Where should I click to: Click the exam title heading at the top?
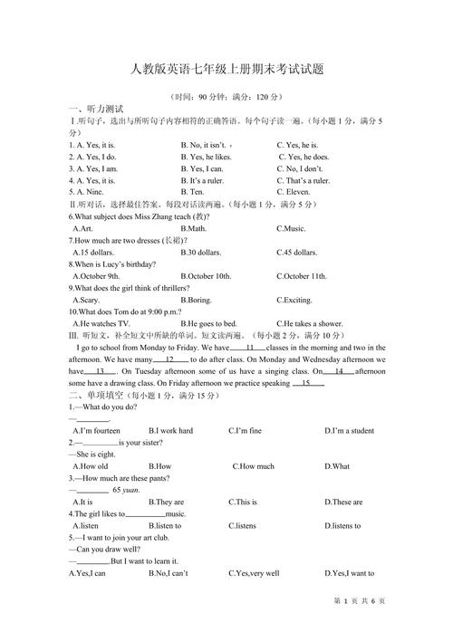click(x=226, y=69)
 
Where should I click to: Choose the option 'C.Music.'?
click(x=291, y=228)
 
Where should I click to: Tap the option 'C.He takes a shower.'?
click(x=310, y=322)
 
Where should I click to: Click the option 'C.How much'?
click(x=253, y=466)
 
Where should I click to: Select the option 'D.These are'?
click(x=343, y=502)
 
